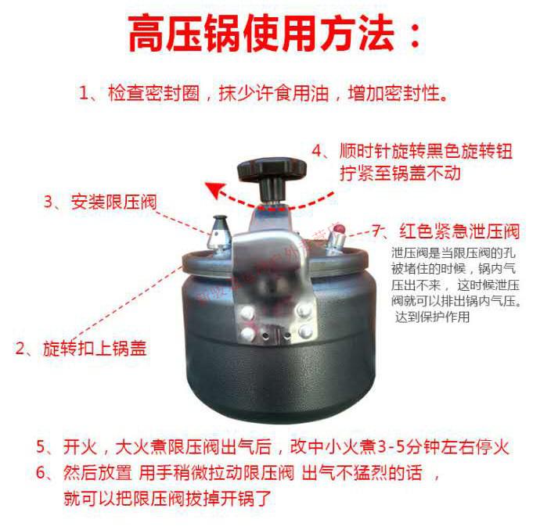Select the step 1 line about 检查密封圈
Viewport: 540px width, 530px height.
click(264, 95)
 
